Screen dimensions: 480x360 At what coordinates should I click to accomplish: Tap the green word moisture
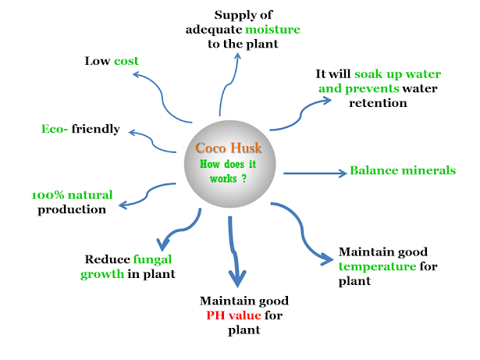click(x=272, y=30)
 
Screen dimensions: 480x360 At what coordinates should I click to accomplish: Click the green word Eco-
click(x=55, y=129)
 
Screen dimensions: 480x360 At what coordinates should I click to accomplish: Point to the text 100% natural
click(x=72, y=194)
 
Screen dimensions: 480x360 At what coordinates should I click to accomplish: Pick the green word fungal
click(x=152, y=258)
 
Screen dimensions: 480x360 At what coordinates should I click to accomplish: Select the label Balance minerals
click(x=403, y=170)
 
